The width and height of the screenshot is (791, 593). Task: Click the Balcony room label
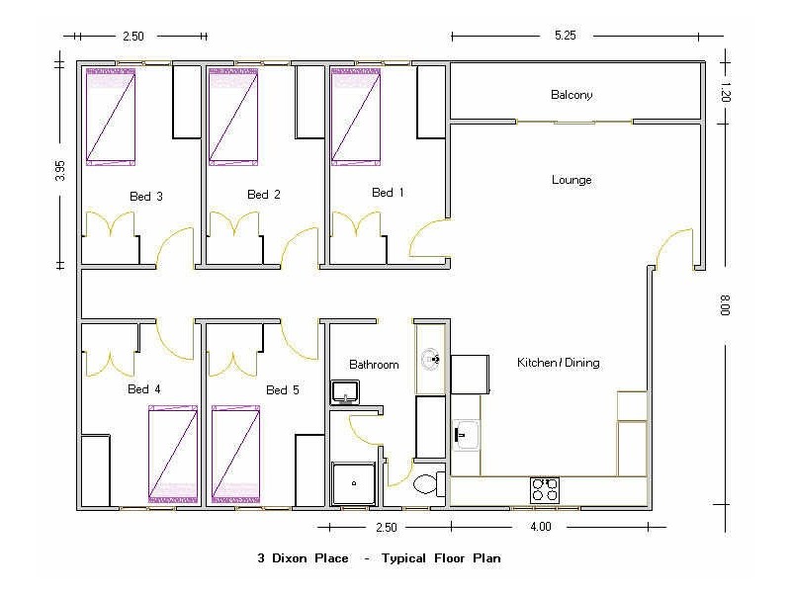pos(571,95)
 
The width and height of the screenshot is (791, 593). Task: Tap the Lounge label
pos(571,180)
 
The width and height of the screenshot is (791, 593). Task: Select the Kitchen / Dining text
pos(558,363)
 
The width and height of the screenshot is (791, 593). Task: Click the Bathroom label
pos(374,365)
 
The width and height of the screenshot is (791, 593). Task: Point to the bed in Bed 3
pos(110,116)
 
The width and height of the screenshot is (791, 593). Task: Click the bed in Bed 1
pos(355,116)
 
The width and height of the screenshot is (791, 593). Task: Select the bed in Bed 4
pos(173,454)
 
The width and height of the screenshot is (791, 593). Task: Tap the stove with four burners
pos(545,488)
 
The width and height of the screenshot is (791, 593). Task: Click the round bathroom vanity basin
pos(430,359)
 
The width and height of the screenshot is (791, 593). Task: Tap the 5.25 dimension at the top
pos(565,36)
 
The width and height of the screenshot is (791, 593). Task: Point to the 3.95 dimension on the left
pos(60,170)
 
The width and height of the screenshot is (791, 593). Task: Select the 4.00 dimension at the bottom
pos(540,527)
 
